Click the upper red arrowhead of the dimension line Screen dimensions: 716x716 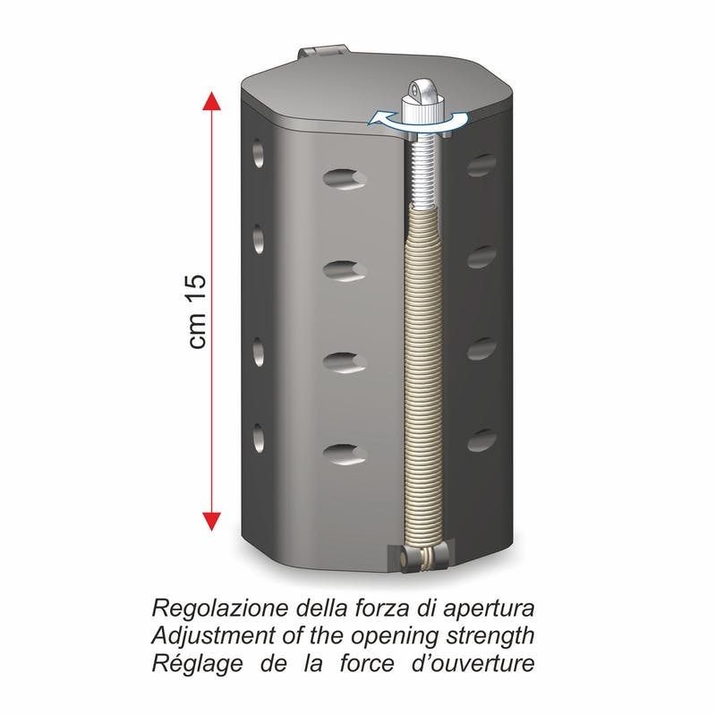pyautogui.click(x=211, y=100)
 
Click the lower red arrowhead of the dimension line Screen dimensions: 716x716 pyautogui.click(x=211, y=521)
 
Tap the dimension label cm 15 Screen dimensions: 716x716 pyautogui.click(x=197, y=311)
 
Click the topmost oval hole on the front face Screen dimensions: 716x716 pyautogui.click(x=345, y=178)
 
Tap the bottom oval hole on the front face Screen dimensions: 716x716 pyautogui.click(x=345, y=454)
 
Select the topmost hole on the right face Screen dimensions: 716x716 pyautogui.click(x=482, y=166)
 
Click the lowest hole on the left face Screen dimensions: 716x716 pyautogui.click(x=259, y=438)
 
